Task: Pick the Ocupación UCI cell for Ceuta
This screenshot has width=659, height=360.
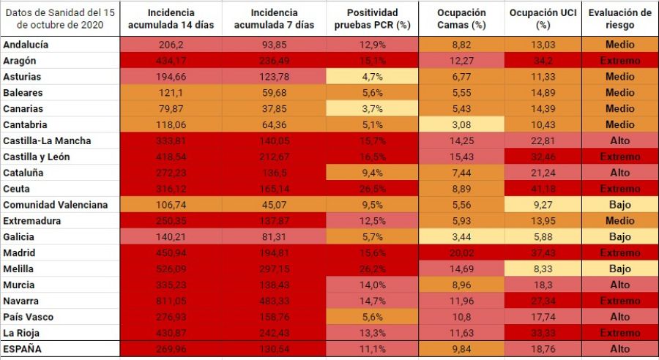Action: (x=543, y=189)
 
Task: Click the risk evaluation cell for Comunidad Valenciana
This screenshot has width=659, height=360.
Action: (x=619, y=205)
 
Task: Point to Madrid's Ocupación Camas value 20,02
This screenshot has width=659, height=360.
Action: (x=461, y=253)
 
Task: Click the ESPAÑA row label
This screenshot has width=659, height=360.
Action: (x=23, y=349)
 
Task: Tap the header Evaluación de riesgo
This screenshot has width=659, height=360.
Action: (x=619, y=19)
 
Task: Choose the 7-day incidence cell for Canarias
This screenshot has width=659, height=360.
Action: (x=274, y=109)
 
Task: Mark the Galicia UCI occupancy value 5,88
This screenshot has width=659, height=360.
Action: (x=543, y=237)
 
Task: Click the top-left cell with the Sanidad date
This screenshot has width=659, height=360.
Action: (x=59, y=19)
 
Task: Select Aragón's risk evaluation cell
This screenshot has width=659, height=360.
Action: (x=619, y=61)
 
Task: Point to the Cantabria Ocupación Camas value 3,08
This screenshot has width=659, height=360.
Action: (x=461, y=125)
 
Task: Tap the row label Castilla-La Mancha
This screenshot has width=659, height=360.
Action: (x=47, y=140)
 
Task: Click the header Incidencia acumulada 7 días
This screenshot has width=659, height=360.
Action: (x=274, y=19)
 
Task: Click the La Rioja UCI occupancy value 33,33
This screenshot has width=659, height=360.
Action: (x=543, y=333)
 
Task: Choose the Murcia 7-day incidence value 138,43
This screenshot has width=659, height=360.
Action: (x=274, y=285)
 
